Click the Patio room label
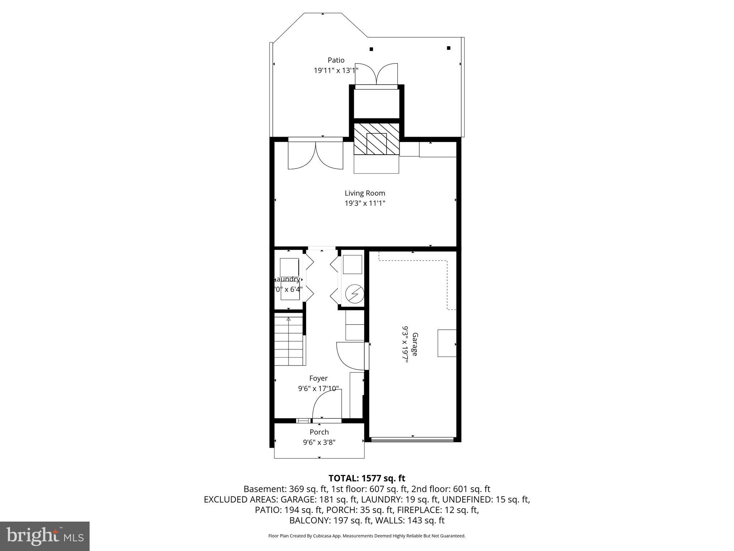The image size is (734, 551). click(x=336, y=60)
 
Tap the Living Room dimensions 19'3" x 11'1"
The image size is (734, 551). click(x=365, y=203)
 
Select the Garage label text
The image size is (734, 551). click(x=415, y=344)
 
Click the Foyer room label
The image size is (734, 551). click(x=318, y=378)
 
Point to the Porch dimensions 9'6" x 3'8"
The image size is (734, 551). click(x=319, y=442)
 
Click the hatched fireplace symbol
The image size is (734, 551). click(x=376, y=139)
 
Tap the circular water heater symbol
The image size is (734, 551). click(x=354, y=295)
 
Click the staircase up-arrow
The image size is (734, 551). click(x=289, y=319)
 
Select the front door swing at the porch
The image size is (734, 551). click(x=327, y=405)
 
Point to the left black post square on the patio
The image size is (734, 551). click(x=371, y=49)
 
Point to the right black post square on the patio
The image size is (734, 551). click(x=448, y=48)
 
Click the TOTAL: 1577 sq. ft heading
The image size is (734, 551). click(x=367, y=478)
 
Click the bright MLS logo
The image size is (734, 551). click(x=45, y=536)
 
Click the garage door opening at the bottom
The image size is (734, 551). click(x=412, y=439)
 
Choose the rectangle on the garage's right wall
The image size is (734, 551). click(x=447, y=343)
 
